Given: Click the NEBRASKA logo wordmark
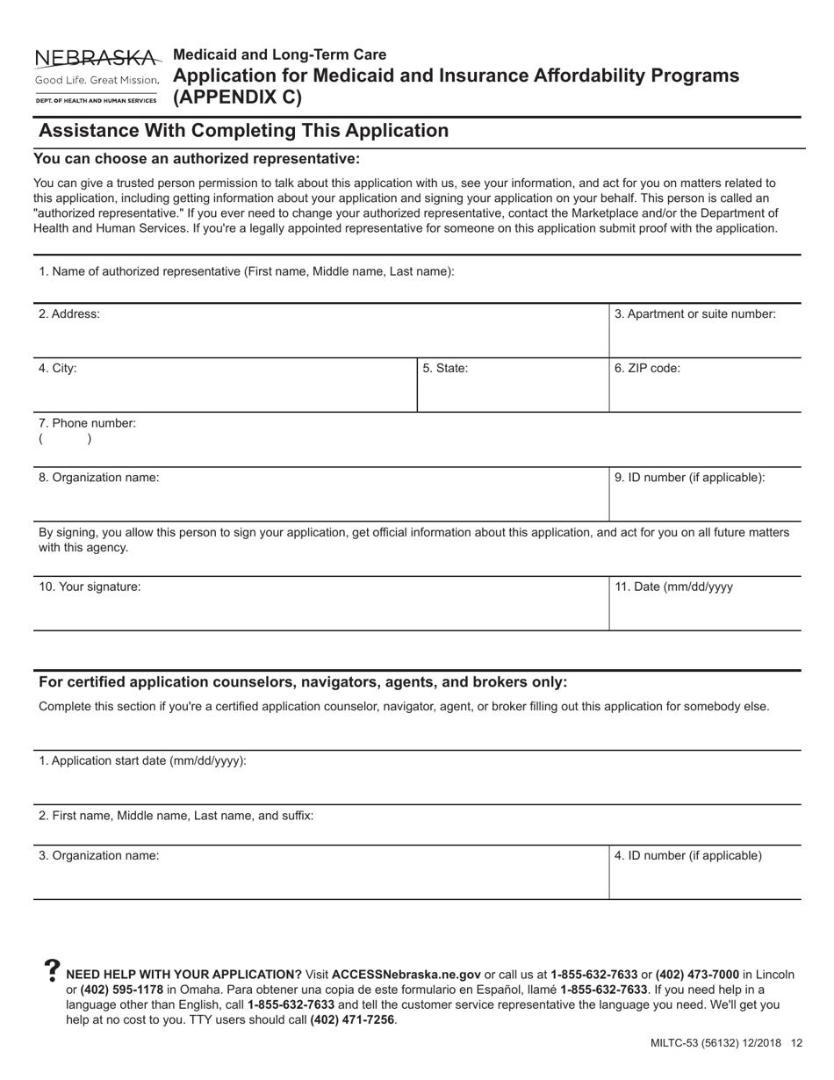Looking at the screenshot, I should tap(97, 59).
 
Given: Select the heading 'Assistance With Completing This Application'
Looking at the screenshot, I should tap(244, 131).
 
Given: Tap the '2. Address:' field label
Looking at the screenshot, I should tap(68, 314).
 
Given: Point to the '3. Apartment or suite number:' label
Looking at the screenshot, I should tap(695, 314).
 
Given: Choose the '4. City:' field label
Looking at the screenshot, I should tap(58, 369).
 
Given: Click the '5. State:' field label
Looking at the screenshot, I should tap(445, 369).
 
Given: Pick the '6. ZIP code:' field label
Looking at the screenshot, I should tap(648, 369).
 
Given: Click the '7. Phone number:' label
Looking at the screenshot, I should tap(87, 423).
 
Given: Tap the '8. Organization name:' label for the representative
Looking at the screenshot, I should tap(99, 478).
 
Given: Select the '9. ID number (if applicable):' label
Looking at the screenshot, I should tap(690, 478).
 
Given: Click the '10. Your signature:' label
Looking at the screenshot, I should tap(90, 587).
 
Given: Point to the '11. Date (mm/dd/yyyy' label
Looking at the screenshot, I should tap(674, 587).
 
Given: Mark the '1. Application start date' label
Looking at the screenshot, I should tap(142, 760).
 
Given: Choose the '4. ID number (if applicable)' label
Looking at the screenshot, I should tap(688, 855).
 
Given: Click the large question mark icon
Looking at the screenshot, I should tap(52, 970).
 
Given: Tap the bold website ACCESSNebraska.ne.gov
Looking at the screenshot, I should tap(406, 975).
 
